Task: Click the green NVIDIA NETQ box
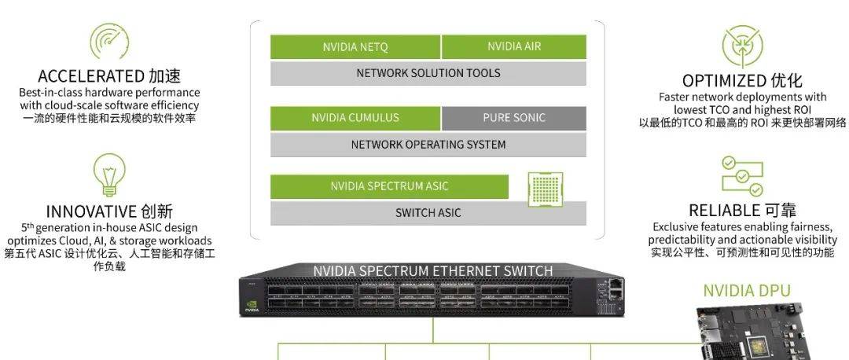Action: [355, 47]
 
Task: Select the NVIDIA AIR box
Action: [514, 47]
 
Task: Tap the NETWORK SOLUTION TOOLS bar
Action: [428, 73]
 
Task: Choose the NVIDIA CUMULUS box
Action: [355, 118]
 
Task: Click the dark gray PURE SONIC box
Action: [514, 118]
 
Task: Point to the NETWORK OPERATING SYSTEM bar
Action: [428, 145]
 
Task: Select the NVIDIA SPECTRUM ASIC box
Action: [389, 187]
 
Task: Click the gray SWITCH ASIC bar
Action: [428, 213]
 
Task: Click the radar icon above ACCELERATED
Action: [109, 42]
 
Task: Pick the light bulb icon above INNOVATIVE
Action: [109, 174]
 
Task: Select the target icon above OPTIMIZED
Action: [742, 46]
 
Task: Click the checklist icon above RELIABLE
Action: [742, 175]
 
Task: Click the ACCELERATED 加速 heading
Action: [109, 76]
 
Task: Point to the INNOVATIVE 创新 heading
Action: [109, 211]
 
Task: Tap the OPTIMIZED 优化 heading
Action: [742, 80]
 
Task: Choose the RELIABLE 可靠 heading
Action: [742, 210]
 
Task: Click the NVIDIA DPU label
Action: [746, 291]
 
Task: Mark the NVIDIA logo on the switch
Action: [252, 303]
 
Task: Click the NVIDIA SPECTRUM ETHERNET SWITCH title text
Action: [432, 271]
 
